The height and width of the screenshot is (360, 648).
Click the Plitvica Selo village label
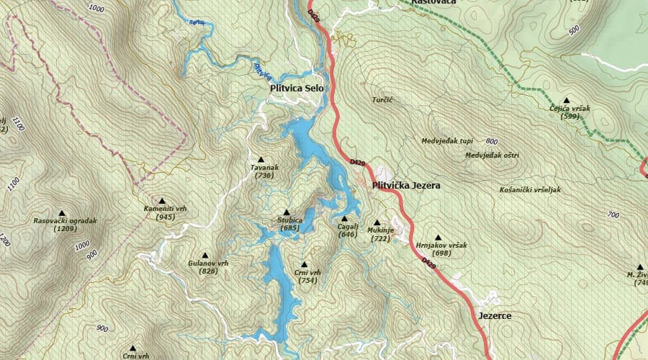click(x=296, y=89)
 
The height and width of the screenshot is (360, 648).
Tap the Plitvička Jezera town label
click(x=405, y=186)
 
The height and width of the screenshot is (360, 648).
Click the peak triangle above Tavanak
click(x=261, y=159)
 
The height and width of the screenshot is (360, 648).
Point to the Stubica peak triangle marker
click(x=287, y=212)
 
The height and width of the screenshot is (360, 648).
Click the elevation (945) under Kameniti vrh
click(x=165, y=217)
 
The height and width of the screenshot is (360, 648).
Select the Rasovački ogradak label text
click(x=65, y=221)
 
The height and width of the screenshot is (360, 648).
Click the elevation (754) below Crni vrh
click(x=307, y=281)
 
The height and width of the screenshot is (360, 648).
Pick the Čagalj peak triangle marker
click(x=344, y=218)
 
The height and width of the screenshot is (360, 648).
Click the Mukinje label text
click(x=381, y=230)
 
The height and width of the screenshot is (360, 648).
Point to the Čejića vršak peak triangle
click(x=567, y=101)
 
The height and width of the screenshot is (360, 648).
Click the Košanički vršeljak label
click(x=529, y=190)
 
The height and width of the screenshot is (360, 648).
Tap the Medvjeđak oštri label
click(x=492, y=155)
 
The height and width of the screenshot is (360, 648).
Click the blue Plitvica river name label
click(x=263, y=70)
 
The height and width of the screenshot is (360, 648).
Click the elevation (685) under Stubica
click(x=290, y=228)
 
